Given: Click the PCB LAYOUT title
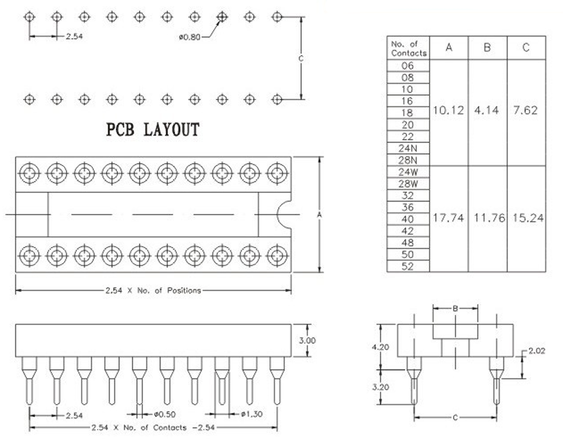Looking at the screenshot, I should (153, 130).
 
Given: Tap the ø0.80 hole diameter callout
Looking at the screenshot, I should (190, 38).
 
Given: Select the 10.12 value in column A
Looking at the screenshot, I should (448, 110).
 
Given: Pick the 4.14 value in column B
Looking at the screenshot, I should (486, 110).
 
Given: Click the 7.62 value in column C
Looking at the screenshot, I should (525, 110).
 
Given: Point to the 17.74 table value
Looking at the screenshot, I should (448, 218).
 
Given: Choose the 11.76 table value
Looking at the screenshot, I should (487, 218).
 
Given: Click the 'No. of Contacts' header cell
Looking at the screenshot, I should (408, 48).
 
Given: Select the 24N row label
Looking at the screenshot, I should (408, 149).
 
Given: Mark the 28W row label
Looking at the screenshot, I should (408, 183).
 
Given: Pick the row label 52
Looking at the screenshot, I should (408, 267).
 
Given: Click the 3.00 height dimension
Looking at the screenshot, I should (307, 341).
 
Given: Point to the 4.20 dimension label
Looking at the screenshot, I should (381, 347).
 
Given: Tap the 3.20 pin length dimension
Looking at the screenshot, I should (381, 387).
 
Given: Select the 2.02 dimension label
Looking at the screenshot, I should (537, 352).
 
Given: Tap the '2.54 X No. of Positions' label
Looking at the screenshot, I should (153, 291).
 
